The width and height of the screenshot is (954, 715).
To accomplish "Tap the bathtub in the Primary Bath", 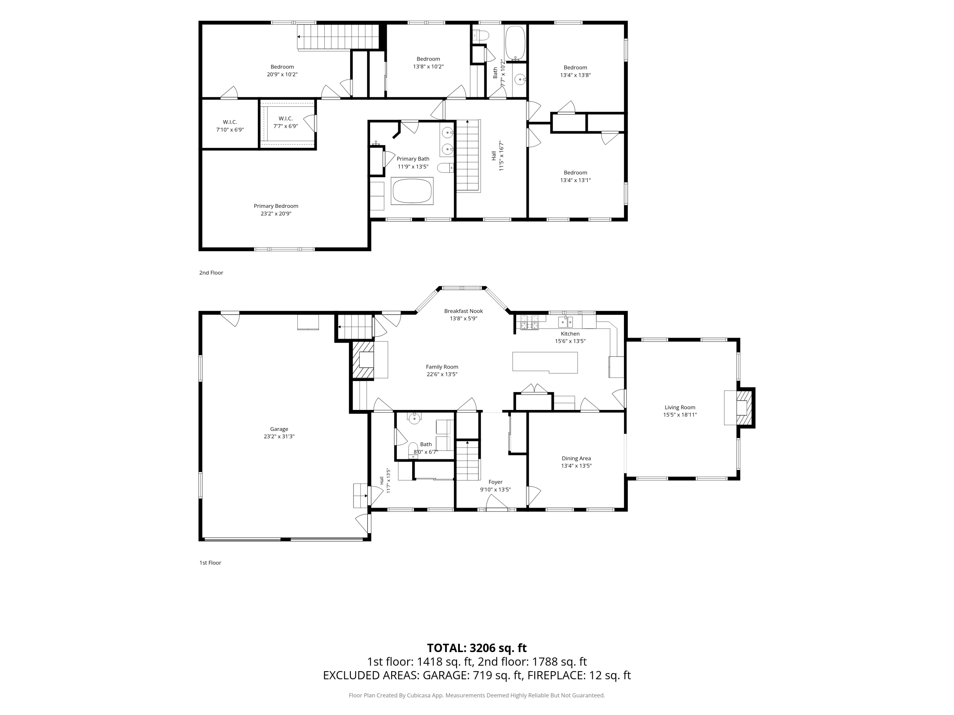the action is [x=412, y=191].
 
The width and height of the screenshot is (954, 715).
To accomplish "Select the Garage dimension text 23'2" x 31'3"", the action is [x=279, y=437].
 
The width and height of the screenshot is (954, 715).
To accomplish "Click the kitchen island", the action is [x=545, y=362].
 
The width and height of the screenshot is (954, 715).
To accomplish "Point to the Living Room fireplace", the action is [x=743, y=408].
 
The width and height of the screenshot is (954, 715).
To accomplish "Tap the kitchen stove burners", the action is [x=529, y=322].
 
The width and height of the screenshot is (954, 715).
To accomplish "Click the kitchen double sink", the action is [x=565, y=322].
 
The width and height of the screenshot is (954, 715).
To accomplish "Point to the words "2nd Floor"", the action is [x=211, y=273].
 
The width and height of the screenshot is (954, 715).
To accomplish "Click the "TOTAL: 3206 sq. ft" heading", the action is [x=477, y=648].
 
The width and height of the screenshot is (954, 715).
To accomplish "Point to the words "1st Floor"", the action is [x=210, y=563].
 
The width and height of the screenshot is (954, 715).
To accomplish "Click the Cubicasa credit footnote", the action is [x=477, y=695].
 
